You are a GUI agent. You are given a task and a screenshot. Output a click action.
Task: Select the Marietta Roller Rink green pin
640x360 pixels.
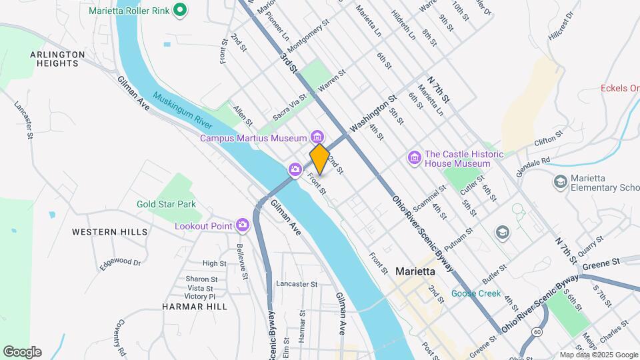coord(179,10)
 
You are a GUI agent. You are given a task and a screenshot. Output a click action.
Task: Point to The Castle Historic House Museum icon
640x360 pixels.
coord(415,158)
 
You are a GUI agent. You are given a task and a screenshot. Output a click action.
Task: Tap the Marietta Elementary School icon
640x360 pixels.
coord(560,181)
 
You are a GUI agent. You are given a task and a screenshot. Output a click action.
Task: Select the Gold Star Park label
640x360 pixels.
coord(167,204)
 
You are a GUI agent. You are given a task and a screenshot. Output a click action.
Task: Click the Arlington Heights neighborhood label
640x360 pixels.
coord(57,59)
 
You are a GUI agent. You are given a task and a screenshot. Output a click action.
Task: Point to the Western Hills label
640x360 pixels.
coord(110,232)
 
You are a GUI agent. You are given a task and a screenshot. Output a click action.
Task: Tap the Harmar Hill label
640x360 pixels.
coord(195,307)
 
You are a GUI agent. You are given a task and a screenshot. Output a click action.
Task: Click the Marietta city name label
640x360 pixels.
coord(415,271)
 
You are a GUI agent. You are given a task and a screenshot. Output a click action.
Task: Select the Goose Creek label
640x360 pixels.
coord(476,293)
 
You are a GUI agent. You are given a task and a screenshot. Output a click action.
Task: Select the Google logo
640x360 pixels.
coord(23,351)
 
